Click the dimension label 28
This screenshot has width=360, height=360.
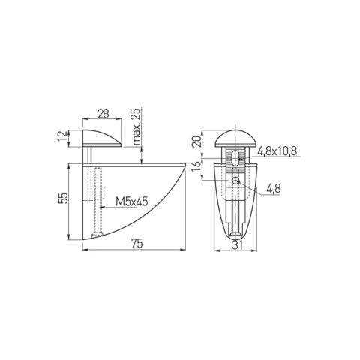103,114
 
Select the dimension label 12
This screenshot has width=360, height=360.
62,136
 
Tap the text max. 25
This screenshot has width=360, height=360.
136,127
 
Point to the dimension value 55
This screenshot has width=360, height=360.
64,199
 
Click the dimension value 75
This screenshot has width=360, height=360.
136,243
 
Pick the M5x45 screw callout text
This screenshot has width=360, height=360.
132,202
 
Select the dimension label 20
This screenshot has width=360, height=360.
196,142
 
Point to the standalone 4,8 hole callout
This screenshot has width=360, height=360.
274,189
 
